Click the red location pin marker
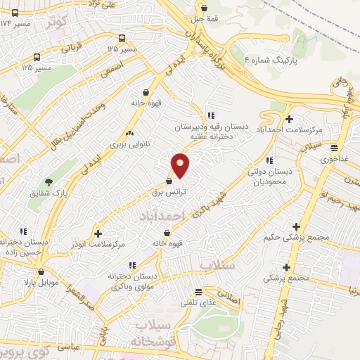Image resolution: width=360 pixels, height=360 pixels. point(181,165)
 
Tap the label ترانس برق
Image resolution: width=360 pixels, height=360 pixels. point(169,191)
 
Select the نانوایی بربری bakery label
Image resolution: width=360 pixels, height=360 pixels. point(127,143)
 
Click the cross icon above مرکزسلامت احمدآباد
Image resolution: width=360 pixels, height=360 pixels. point(289,119)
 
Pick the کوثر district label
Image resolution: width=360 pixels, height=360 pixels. point(58,22)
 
